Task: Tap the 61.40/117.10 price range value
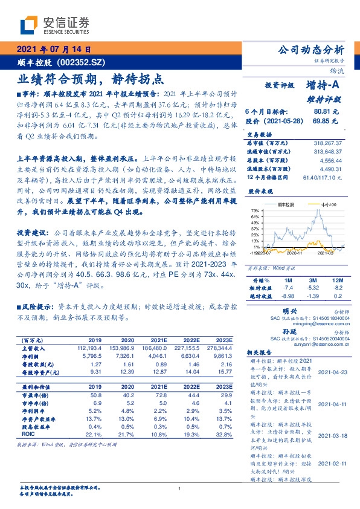pos(323,178)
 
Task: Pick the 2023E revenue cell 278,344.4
pos(219,348)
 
